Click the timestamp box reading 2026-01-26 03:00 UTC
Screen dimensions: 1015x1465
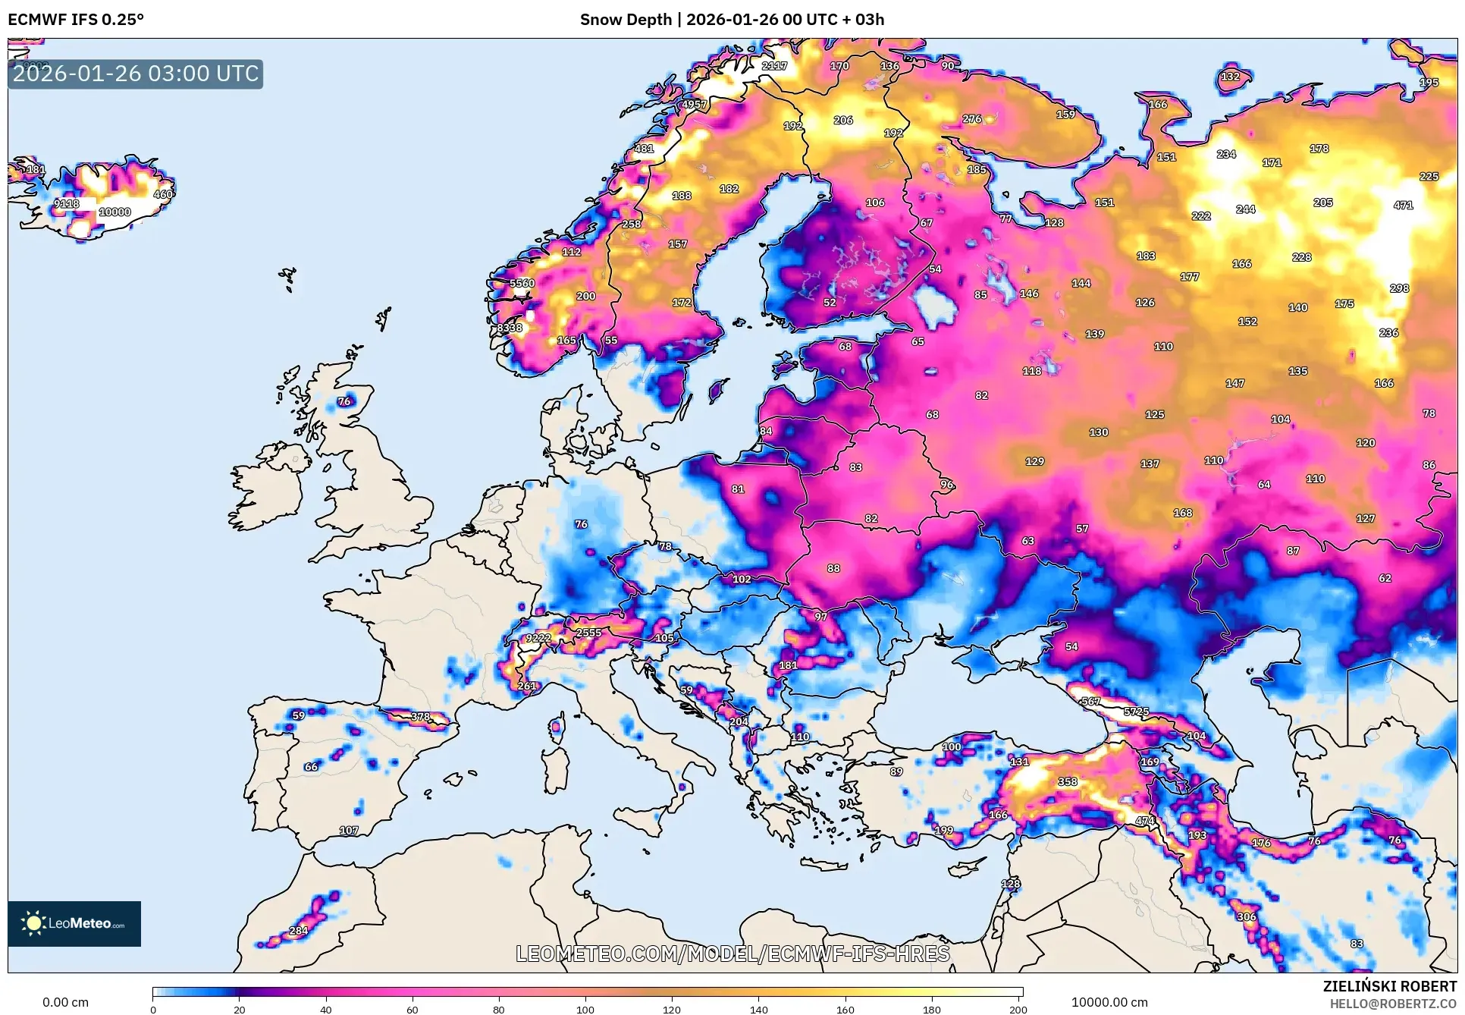(136, 74)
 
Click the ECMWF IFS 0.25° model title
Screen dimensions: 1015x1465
(76, 20)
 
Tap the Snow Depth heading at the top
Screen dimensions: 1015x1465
(732, 20)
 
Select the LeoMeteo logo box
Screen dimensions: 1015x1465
(74, 923)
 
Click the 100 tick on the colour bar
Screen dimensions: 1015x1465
(585, 1009)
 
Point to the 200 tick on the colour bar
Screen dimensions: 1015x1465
(1018, 1009)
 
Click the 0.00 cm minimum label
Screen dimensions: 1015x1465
(65, 1002)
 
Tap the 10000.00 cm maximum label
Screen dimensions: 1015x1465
(1109, 1002)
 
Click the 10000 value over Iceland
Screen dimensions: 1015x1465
(115, 212)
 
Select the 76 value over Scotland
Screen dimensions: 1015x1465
(344, 401)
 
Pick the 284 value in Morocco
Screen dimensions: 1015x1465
(299, 931)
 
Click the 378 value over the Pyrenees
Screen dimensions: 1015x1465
(420, 717)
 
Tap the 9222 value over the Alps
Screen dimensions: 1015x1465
(538, 638)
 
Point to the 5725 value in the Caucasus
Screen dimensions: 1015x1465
(1136, 712)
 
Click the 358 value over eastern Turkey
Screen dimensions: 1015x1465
(1068, 781)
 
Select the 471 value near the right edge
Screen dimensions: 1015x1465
(1403, 206)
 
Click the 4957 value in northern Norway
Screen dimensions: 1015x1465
(694, 105)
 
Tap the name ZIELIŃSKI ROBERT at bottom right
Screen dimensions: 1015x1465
(1389, 986)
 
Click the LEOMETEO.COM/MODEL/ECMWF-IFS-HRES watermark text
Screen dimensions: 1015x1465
(732, 954)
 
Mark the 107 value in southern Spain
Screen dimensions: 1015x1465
(349, 831)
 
